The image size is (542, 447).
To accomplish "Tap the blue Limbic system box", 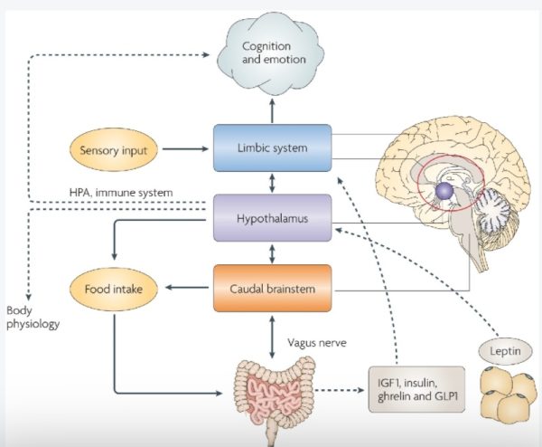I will point(272,147).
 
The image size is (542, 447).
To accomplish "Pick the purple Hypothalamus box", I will point(272,220).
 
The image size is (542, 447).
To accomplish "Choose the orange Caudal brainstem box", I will point(272,290).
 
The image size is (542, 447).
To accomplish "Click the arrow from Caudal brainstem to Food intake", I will point(181,290).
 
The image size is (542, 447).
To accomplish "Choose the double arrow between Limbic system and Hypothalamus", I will point(272,184).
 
